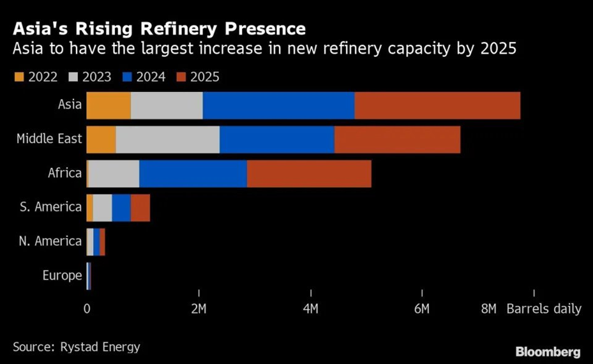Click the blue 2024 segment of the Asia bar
[x=279, y=105]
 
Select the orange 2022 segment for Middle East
[x=101, y=139]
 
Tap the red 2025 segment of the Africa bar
[x=309, y=174]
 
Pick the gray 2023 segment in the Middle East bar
[x=167, y=139]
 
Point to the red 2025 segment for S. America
[x=140, y=208]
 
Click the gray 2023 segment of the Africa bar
[x=114, y=174]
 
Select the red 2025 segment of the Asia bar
[x=437, y=105]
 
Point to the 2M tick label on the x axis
[x=199, y=309]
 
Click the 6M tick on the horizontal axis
[x=422, y=309]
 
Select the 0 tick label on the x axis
[x=87, y=309]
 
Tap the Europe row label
[x=62, y=276]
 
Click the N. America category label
[x=50, y=241]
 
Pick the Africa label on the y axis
[x=64, y=173]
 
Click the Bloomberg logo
[x=547, y=352]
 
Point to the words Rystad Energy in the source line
[x=100, y=348]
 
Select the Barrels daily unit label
[x=544, y=309]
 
